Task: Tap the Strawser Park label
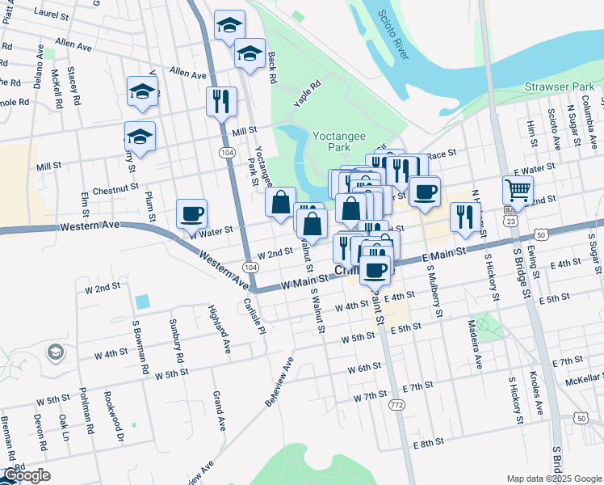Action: (559, 86)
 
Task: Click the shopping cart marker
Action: (518, 191)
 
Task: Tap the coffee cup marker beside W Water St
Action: (191, 214)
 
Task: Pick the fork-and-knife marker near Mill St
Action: (220, 102)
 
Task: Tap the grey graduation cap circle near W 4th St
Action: (55, 352)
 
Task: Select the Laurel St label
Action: (52, 14)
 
